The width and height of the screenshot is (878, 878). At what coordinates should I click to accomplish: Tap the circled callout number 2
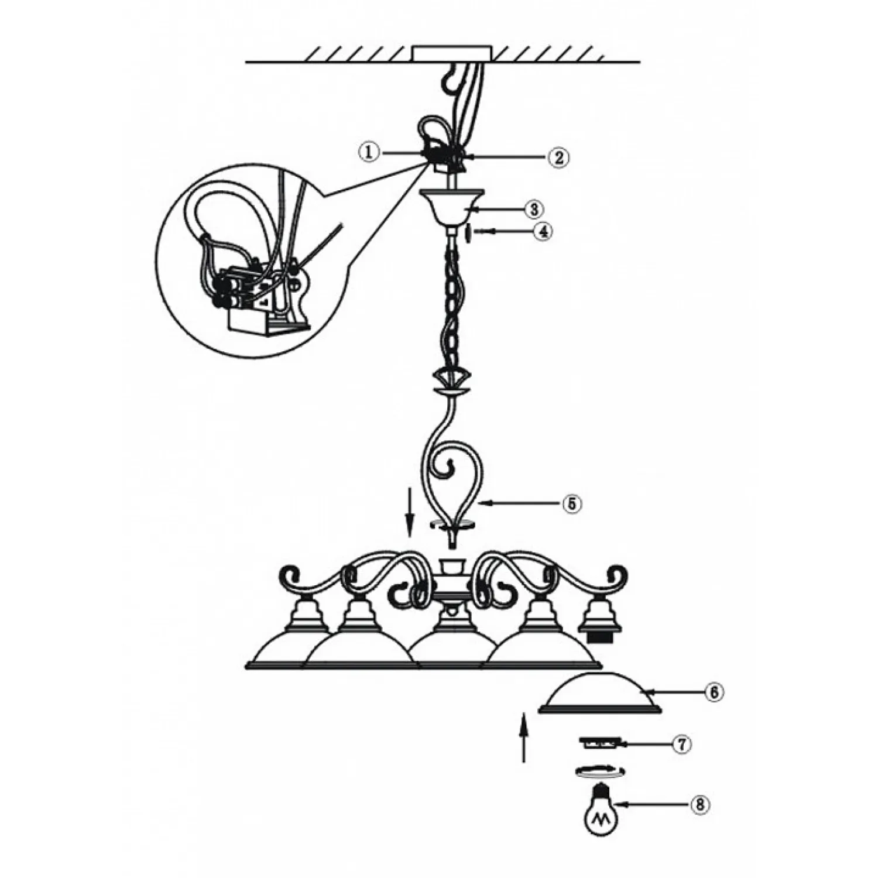pyautogui.click(x=558, y=157)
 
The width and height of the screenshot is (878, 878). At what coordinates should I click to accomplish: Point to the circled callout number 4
pyautogui.click(x=543, y=231)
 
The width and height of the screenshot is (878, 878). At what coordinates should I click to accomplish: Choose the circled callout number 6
pyautogui.click(x=714, y=692)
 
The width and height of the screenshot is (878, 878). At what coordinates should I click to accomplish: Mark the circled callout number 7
pyautogui.click(x=682, y=744)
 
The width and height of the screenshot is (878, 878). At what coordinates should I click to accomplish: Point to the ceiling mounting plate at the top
pyautogui.click(x=453, y=53)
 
